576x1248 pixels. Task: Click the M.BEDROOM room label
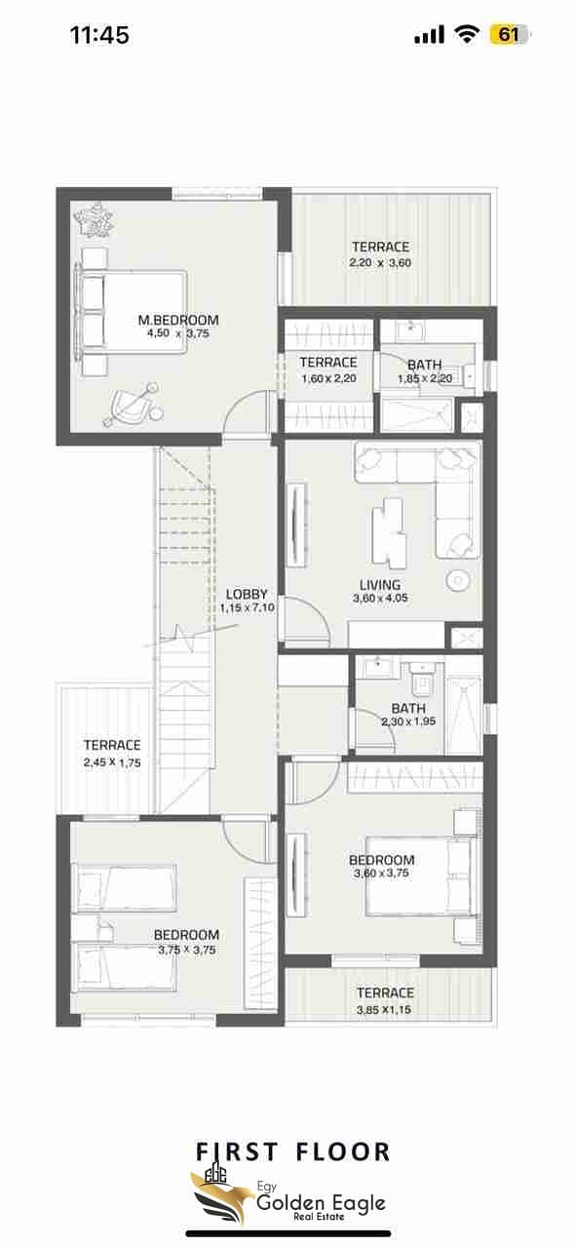[x=178, y=320]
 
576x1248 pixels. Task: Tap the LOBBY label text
[x=247, y=594]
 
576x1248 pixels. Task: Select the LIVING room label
[x=380, y=585]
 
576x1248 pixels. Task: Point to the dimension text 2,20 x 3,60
[x=380, y=263]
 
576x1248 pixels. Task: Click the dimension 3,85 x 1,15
[x=385, y=1009]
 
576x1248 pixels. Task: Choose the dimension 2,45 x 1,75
[x=112, y=762]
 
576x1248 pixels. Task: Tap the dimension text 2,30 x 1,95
[x=408, y=721]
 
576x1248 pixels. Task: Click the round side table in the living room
[x=457, y=580]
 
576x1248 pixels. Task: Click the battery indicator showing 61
[x=510, y=35]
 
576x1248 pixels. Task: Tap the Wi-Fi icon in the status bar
[x=466, y=34]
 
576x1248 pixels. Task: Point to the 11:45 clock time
[x=99, y=35]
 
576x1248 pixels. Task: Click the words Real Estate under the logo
[x=320, y=1217]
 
